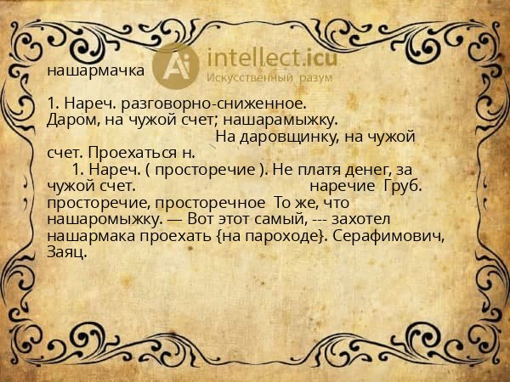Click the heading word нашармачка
tap(95, 70)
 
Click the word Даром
tap(70, 120)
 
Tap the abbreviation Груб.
tap(403, 184)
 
